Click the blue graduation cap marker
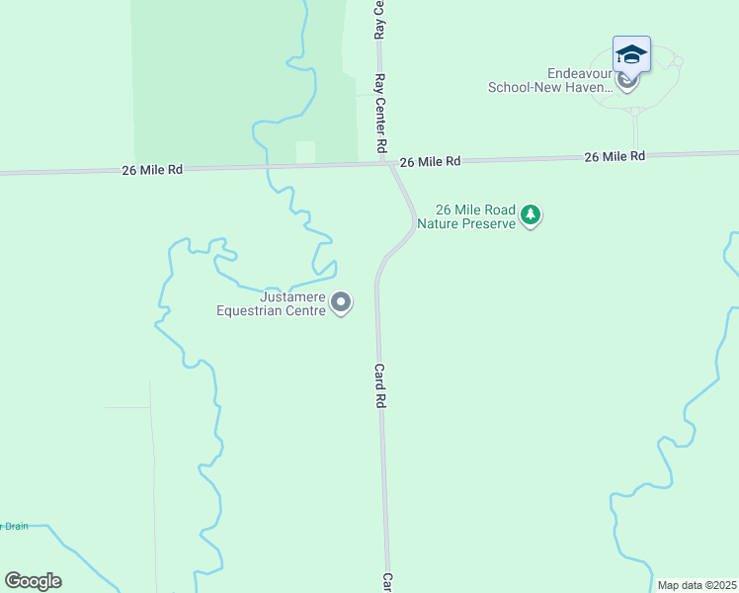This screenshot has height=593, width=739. (x=631, y=53)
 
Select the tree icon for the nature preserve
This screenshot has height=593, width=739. (x=531, y=214)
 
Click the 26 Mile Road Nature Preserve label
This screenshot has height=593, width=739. (x=466, y=216)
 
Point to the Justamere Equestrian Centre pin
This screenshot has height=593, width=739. (x=341, y=301)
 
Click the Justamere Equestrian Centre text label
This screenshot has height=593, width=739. (x=272, y=303)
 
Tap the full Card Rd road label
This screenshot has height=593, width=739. (x=378, y=386)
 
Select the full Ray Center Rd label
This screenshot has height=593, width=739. (x=379, y=115)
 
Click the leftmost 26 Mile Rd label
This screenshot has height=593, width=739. (x=153, y=169)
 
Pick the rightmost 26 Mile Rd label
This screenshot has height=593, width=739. (x=614, y=156)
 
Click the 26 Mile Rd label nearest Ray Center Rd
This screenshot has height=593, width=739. (x=430, y=160)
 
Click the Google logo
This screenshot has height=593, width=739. (x=33, y=581)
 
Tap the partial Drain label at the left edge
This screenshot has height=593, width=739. (x=14, y=526)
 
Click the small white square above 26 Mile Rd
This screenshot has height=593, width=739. (x=305, y=152)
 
